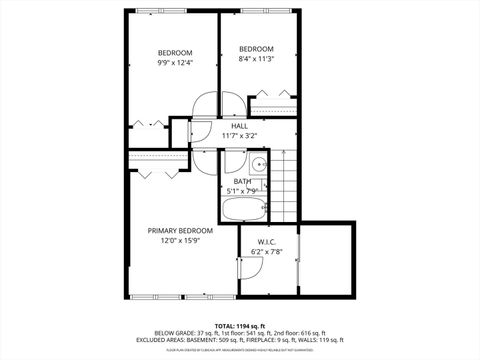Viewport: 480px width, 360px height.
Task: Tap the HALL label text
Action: click(x=240, y=126)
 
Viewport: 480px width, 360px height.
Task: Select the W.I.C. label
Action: click(x=266, y=241)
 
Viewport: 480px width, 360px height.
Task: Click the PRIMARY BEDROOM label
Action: click(x=180, y=230)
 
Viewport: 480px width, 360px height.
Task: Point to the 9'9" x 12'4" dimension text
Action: click(x=175, y=63)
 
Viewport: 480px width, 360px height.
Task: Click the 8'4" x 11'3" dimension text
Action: click(x=256, y=59)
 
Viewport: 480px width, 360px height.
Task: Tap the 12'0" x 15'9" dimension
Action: click(x=180, y=240)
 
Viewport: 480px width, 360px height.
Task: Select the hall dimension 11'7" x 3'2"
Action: click(x=240, y=135)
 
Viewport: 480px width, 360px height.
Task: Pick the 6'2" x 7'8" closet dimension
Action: click(x=266, y=251)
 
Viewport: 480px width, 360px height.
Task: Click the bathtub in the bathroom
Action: click(x=244, y=210)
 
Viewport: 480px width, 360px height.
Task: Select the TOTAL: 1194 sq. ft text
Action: click(x=240, y=327)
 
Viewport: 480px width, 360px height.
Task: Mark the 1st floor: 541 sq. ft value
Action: click(x=241, y=335)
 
